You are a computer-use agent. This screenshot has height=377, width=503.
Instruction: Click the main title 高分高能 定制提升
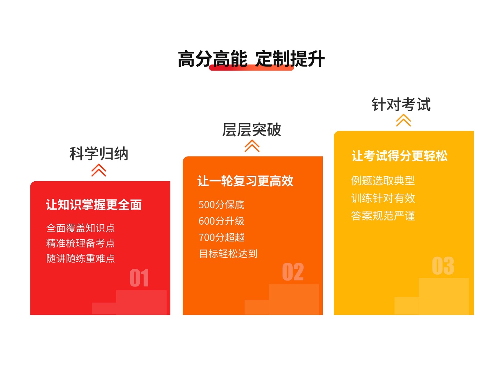pos(251,59)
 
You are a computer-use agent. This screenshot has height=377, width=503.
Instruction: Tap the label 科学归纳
pos(99,153)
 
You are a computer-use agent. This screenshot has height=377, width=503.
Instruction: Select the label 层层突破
pos(251,130)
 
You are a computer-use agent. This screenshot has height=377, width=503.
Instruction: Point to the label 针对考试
pos(401,104)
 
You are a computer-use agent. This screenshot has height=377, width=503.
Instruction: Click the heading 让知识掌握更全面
pos(94,204)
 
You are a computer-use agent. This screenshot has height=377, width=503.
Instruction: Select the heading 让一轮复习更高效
pos(245,181)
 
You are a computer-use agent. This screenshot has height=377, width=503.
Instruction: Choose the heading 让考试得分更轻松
pos(399,156)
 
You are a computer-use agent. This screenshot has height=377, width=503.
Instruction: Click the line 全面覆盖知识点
pos(80,228)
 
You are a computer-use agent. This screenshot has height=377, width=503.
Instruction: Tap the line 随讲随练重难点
pos(80,258)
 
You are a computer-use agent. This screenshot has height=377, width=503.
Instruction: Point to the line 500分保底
pos(221,204)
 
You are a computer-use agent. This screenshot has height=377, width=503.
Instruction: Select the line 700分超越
pos(221,237)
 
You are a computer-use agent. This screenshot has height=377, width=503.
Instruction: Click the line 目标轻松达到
pos(228,253)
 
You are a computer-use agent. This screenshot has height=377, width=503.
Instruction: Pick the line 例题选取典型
pos(383,180)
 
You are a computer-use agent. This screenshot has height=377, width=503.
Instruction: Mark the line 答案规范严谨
pos(383,216)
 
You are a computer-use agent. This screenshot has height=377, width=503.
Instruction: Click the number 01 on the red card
pos(139,278)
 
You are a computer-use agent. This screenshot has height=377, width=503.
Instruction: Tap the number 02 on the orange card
pos(293,272)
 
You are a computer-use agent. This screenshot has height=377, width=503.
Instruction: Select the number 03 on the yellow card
pos(443,266)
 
